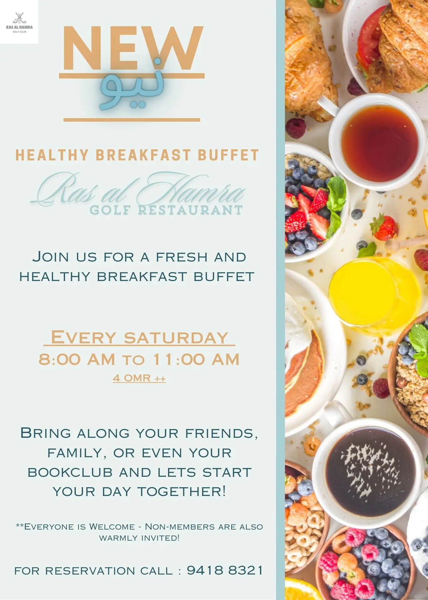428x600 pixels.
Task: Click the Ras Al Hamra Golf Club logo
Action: click(x=19, y=22)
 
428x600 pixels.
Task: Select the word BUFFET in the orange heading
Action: click(x=228, y=155)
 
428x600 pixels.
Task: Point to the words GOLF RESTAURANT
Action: click(x=166, y=210)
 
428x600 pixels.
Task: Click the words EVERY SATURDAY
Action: click(x=139, y=337)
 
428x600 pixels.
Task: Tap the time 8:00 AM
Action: click(x=77, y=359)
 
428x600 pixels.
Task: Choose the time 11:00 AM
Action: click(x=196, y=359)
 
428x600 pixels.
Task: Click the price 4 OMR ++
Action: click(x=139, y=378)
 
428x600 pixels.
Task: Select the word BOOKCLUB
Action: click(x=70, y=472)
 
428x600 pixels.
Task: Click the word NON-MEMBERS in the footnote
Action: click(x=180, y=527)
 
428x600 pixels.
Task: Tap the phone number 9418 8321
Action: click(x=225, y=570)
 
